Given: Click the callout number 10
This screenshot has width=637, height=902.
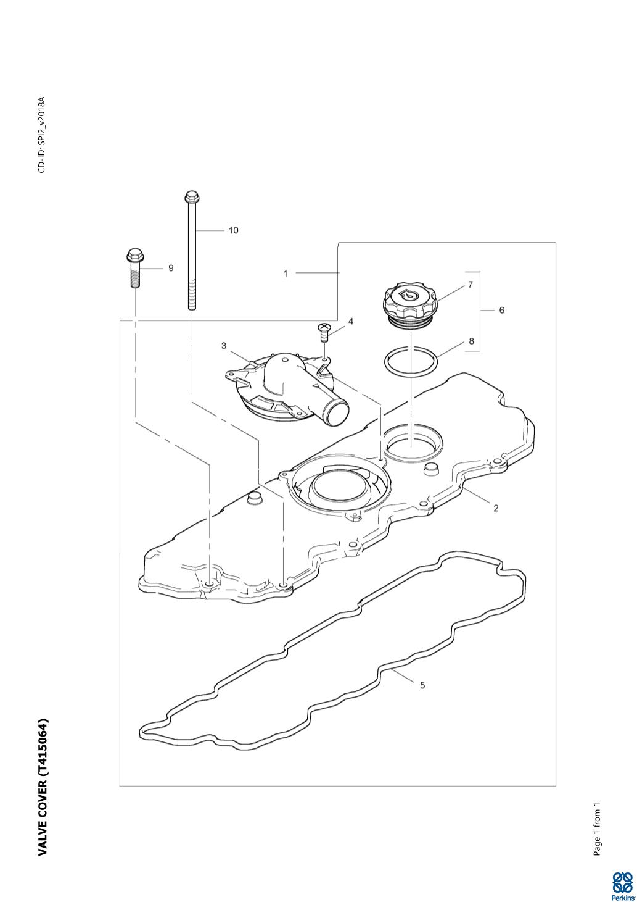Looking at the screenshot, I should (233, 230).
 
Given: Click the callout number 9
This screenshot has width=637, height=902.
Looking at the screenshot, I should (171, 268).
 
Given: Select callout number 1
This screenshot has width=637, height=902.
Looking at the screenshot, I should (286, 273).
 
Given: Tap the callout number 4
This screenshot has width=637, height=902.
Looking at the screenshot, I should (350, 321).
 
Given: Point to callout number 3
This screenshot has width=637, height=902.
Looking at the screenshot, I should (224, 346).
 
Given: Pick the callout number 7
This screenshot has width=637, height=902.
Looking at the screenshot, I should (470, 285).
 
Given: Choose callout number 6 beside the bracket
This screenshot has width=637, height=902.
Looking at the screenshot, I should (501, 310).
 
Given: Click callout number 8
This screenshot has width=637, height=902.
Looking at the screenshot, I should (471, 341).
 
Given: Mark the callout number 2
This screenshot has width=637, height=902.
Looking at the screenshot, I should (495, 508).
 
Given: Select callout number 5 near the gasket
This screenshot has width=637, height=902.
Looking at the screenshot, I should (422, 685).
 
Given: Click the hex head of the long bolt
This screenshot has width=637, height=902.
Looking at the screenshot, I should (190, 197).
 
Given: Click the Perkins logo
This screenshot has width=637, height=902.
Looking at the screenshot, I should (622, 885).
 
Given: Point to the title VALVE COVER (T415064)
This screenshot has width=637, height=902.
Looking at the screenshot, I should (43, 787).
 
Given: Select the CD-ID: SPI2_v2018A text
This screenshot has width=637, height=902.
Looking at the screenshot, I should (42, 134).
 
